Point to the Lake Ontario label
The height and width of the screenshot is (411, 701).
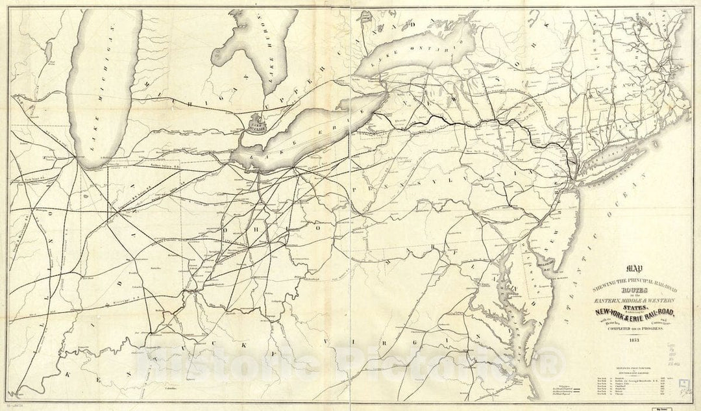pos(408,51)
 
